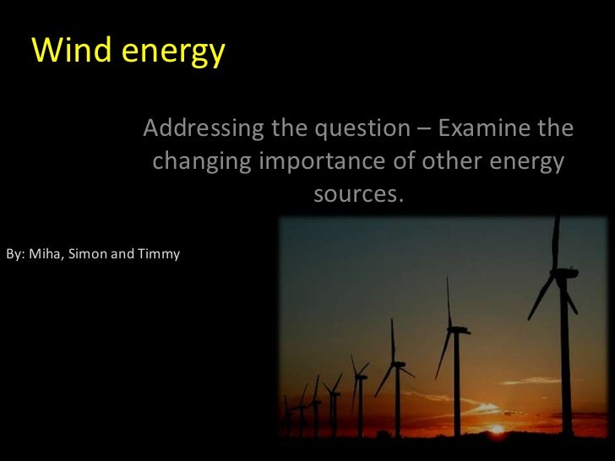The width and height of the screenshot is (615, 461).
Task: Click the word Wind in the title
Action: [73, 52]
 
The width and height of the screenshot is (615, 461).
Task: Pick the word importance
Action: [320, 162]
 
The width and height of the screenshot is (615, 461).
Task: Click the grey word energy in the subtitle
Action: [525, 163]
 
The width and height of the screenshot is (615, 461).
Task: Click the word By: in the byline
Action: [15, 253]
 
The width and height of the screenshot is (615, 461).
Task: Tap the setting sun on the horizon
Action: [496, 428]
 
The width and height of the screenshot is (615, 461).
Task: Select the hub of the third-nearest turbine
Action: [395, 365]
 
